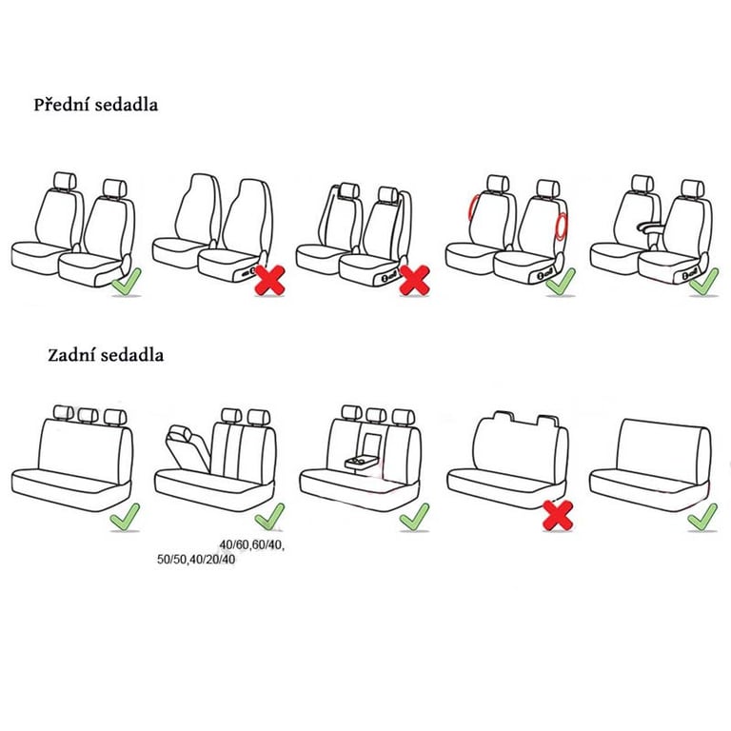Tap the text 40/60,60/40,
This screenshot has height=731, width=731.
[251, 544]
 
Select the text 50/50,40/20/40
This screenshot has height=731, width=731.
[196, 559]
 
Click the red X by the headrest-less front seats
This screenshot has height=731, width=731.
[270, 280]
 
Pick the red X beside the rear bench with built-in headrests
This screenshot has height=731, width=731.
[558, 516]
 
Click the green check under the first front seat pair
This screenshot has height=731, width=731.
[127, 282]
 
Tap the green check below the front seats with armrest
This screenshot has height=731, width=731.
[703, 281]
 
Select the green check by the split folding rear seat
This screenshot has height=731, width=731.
[269, 517]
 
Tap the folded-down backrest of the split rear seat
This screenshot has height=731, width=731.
[187, 446]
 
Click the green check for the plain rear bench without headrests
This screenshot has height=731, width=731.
[703, 517]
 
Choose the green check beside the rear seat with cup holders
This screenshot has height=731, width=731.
[414, 517]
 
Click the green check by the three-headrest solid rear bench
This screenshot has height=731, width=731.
[125, 517]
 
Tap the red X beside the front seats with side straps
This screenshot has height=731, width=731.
[414, 280]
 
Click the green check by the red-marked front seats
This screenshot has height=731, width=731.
[561, 281]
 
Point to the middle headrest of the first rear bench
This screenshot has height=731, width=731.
[88, 414]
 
